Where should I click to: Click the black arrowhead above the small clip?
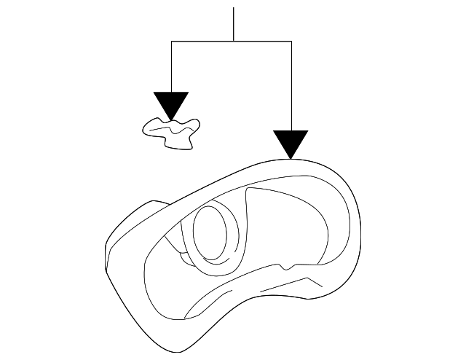point(171,103)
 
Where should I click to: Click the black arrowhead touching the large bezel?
point(291,143)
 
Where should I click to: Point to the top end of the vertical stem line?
point(233,9)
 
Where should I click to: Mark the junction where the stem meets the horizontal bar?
point(233,42)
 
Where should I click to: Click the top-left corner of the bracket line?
point(171,42)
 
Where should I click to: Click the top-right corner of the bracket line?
point(291,42)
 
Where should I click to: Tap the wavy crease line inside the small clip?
point(172,130)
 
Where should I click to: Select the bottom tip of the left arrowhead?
point(171,119)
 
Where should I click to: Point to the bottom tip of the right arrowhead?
point(291,158)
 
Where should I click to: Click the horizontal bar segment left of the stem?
point(202,42)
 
